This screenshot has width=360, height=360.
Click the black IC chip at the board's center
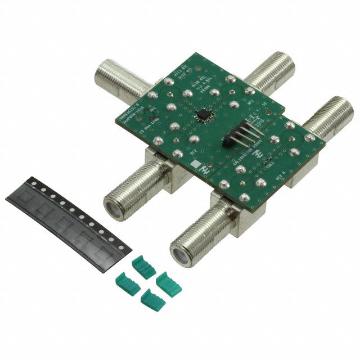coord(201,115)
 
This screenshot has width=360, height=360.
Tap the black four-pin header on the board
coord(237,136)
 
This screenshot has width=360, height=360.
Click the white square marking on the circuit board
coord(194,165)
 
